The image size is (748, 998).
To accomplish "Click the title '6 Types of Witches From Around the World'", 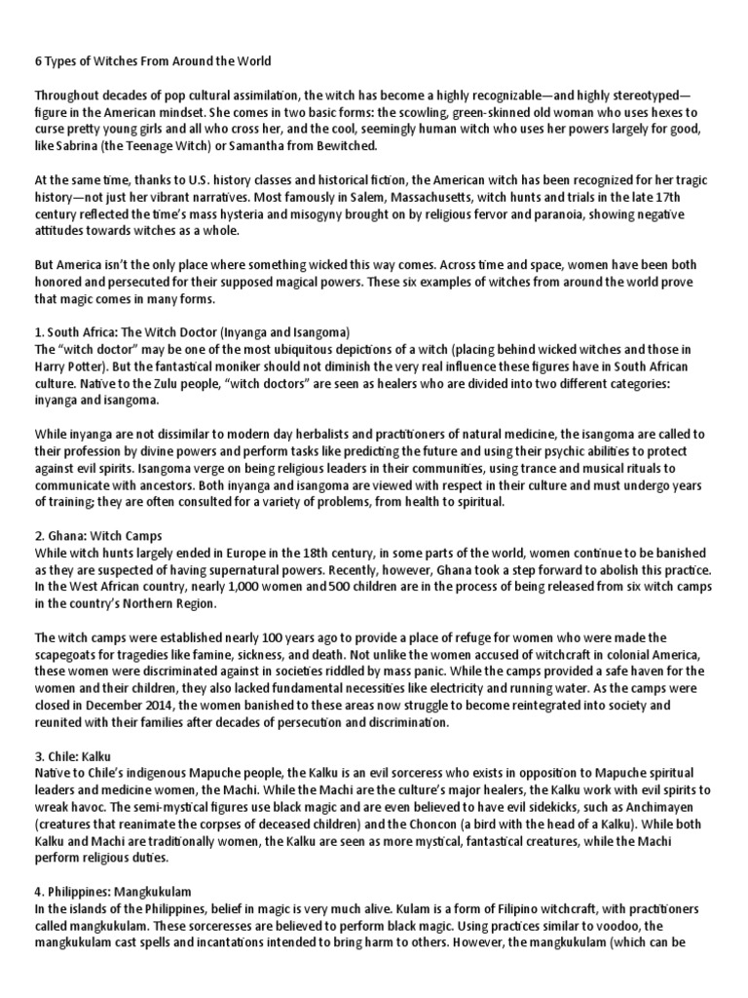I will (153, 61).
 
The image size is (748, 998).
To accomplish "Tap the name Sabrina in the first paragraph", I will (81, 145).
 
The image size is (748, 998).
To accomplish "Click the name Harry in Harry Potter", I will (53, 365).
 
